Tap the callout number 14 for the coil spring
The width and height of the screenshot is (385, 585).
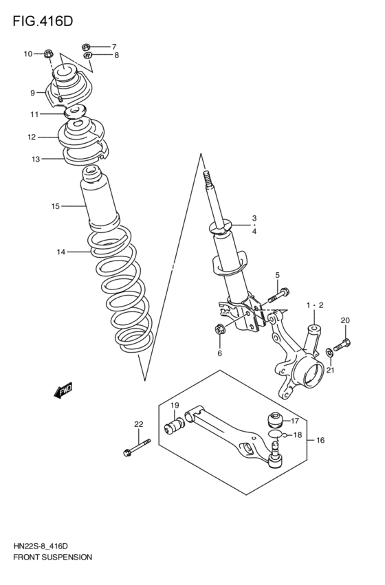point(61,252)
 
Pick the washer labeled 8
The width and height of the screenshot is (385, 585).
point(87,55)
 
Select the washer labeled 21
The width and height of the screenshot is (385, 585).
point(330,353)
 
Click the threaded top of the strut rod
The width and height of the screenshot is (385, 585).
point(208,182)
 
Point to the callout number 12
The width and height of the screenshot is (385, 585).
point(32,137)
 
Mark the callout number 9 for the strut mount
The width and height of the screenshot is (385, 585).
point(32,92)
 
